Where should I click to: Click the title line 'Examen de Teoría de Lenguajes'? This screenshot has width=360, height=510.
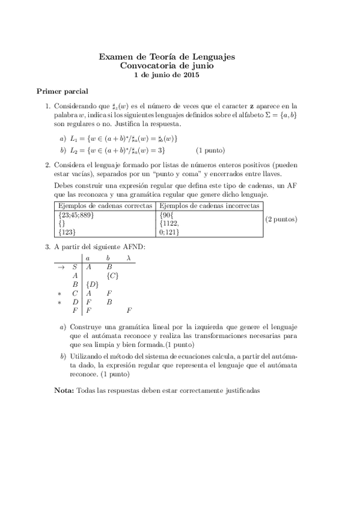point(166,57)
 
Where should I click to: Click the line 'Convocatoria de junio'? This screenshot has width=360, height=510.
point(166,66)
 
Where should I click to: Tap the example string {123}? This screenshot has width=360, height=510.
point(67,232)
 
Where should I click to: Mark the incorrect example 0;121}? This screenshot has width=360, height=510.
point(172,232)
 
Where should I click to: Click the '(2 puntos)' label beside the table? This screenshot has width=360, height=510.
point(281,219)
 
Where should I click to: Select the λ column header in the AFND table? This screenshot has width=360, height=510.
point(129,258)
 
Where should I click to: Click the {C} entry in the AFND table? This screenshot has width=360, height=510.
point(112,275)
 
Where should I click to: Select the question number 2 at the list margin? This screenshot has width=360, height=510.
point(48,164)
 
